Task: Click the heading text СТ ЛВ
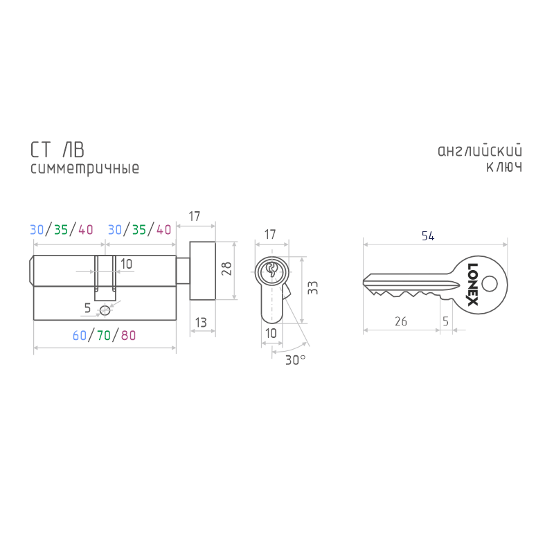click(57, 150)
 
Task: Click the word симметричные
click(84, 168)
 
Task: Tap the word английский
click(480, 150)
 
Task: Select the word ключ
click(504, 167)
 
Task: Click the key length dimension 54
click(428, 236)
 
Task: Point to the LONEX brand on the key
click(473, 285)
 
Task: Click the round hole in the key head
click(490, 284)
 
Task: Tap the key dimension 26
click(401, 321)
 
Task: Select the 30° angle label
click(296, 360)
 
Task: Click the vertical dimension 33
click(313, 288)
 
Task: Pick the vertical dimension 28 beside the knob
click(226, 269)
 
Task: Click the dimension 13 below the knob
click(201, 323)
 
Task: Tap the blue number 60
click(80, 335)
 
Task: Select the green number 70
click(104, 335)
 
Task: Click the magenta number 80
click(128, 335)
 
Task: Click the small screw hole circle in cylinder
click(105, 311)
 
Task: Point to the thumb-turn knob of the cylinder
click(202, 271)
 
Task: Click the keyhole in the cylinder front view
click(271, 270)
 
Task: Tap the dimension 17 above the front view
click(270, 235)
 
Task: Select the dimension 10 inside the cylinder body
click(126, 264)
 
